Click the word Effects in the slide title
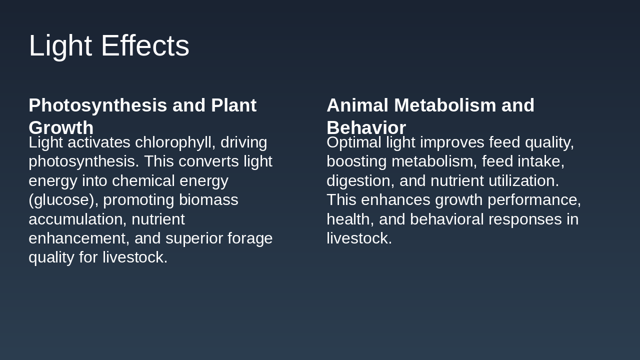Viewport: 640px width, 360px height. pos(145,45)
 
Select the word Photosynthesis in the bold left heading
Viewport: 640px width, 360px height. pos(97,105)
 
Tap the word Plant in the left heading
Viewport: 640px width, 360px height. pos(233,105)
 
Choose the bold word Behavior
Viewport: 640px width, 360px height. pos(366,127)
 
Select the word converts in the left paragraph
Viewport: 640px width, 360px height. pos(208,161)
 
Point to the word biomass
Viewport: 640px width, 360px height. pos(208,199)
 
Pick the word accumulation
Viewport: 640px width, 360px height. pos(77,219)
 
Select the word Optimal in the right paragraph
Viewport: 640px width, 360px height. pos(354,143)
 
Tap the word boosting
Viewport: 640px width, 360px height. pos(356,161)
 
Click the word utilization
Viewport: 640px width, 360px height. pos(523,180)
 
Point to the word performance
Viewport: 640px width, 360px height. pos(534,200)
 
